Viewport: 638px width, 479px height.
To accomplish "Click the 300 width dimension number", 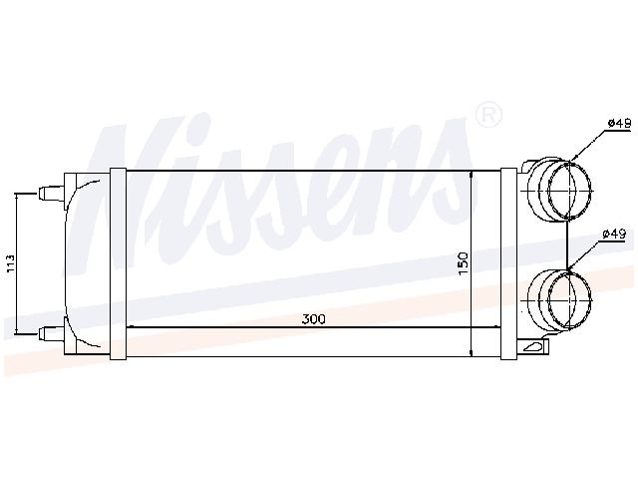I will click(314, 319).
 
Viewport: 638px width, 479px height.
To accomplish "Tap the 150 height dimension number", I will click(462, 262).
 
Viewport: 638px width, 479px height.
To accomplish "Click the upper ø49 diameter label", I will click(619, 123).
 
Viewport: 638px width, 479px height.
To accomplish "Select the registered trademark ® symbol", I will click(488, 116).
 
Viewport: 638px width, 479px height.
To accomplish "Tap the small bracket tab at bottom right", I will click(534, 348).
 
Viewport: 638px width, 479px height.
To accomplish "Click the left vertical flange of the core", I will click(119, 264).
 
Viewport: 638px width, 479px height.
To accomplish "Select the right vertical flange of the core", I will click(507, 264).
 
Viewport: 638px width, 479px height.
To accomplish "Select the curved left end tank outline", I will click(72, 261).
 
